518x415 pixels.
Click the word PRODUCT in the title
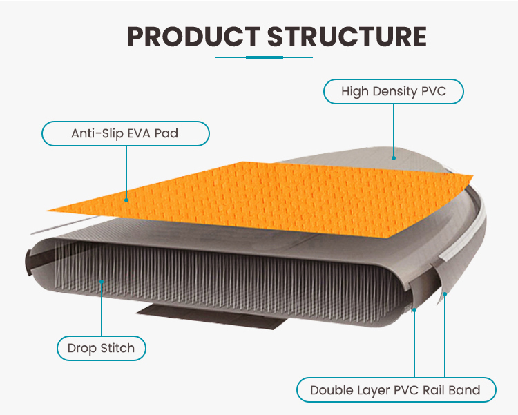point(193,37)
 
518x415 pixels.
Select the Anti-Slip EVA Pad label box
point(125,133)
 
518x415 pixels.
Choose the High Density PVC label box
point(392,91)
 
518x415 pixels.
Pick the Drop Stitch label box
point(101,348)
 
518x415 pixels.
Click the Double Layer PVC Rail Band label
point(395,390)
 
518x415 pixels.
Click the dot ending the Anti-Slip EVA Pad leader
point(126,200)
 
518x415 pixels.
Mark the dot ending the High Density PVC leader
point(394,157)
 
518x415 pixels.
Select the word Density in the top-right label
point(396,91)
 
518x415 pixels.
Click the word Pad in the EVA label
point(166,133)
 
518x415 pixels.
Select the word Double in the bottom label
point(331,390)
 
